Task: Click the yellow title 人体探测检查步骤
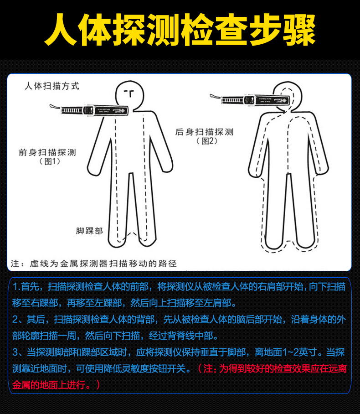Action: coord(180,30)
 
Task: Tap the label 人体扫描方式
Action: coord(51,86)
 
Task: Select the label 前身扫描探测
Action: coord(47,152)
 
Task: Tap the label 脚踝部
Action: coord(89,231)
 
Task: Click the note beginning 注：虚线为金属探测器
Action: coord(93,264)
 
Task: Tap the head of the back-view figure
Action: coord(286,98)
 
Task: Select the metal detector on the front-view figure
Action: coord(93,110)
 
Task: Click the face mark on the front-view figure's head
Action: coord(129,93)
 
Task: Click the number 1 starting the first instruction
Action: coord(15,287)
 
